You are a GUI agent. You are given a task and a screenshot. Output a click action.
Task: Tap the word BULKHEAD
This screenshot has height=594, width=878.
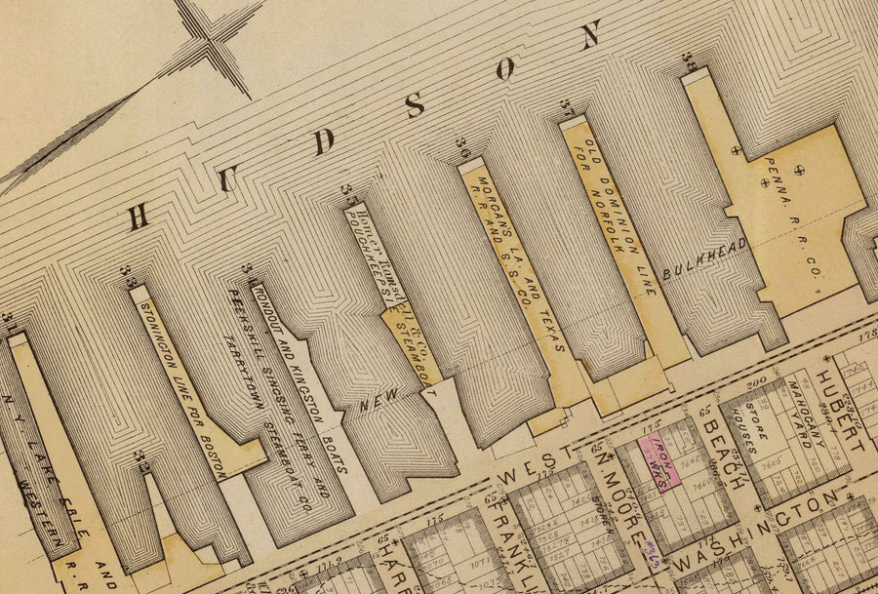[x=704, y=258]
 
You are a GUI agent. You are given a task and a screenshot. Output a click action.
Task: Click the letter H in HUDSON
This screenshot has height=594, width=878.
[x=140, y=217]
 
